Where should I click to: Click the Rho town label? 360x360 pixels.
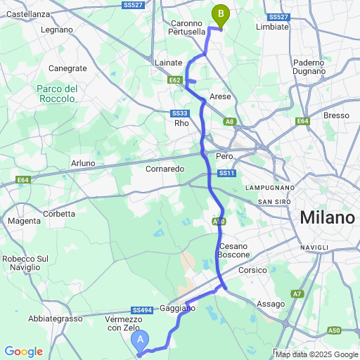[x=182, y=123]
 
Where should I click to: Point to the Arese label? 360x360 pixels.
[x=220, y=96]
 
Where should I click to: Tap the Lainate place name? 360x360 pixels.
[x=168, y=63]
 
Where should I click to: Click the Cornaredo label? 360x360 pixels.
[x=165, y=169]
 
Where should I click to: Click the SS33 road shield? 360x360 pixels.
[x=179, y=113]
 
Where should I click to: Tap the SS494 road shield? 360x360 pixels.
[x=141, y=309]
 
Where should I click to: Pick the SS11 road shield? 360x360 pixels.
[x=226, y=173]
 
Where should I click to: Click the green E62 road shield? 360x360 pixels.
[x=176, y=80]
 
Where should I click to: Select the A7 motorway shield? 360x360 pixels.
[x=297, y=293]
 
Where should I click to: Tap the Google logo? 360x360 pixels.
[x=23, y=351]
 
